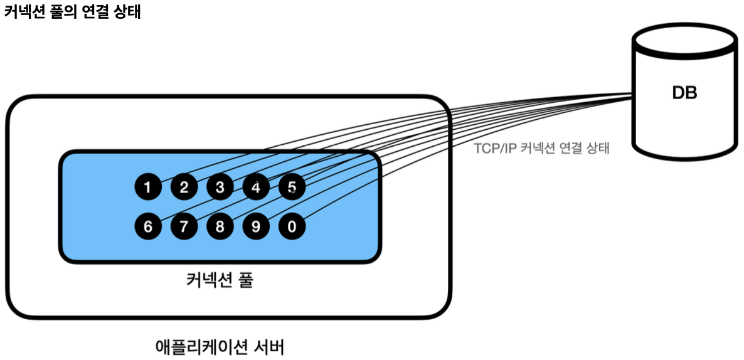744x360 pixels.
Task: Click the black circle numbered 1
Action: (148, 188)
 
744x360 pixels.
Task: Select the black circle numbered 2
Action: (184, 188)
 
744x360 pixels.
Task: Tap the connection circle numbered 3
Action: (220, 188)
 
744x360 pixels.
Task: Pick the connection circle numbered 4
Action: (255, 188)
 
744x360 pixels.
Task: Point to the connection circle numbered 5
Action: (292, 187)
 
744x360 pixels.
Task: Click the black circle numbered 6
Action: (148, 226)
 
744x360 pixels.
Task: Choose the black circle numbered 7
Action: (184, 226)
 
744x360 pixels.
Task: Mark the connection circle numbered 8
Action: (220, 226)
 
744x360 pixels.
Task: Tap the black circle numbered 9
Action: (255, 226)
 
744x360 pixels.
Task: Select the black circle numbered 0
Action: (292, 226)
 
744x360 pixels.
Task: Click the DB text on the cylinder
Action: (684, 93)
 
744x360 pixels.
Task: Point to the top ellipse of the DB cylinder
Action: (684, 39)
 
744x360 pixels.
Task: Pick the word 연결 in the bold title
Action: (93, 13)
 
